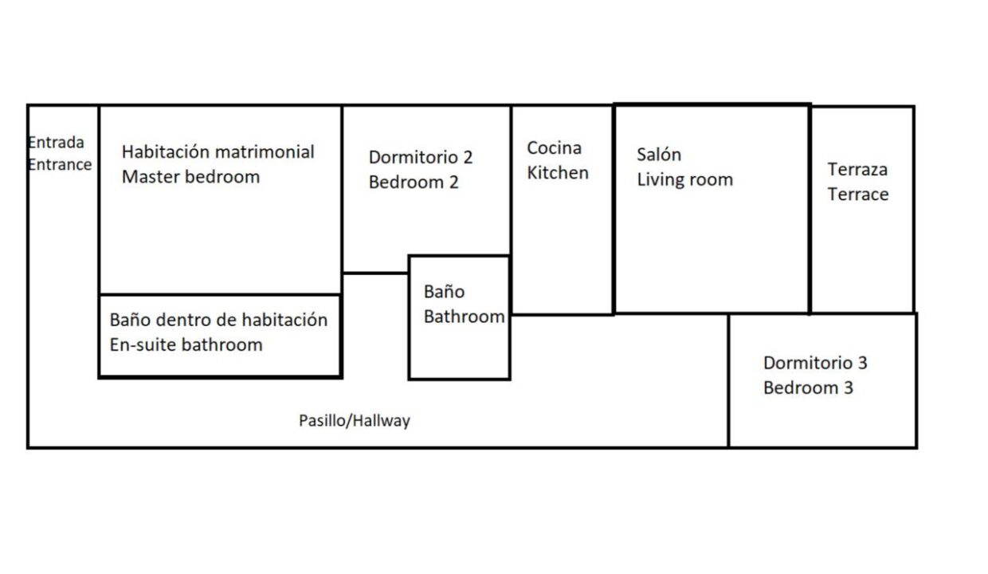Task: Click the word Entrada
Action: pos(56,143)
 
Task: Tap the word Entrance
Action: pos(60,164)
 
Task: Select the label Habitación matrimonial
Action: pos(218,151)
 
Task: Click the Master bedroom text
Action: pos(191,177)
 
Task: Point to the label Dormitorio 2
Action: pos(421,157)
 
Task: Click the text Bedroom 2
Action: pos(414,183)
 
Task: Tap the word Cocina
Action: pos(555,147)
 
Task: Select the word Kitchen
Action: pos(558,172)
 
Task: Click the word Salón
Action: pos(659,155)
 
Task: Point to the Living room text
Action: pos(685,179)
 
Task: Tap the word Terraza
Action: pos(857,170)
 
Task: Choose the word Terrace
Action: pos(858,195)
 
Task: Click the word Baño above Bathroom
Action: pos(444,292)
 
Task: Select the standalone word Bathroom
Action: pos(464,316)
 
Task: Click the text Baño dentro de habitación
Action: pos(219,320)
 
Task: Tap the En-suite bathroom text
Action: pos(186,344)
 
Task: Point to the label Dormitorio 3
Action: pos(816,363)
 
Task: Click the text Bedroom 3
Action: pos(809,387)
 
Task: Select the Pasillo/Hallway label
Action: pos(355,420)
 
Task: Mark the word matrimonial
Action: pos(265,151)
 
